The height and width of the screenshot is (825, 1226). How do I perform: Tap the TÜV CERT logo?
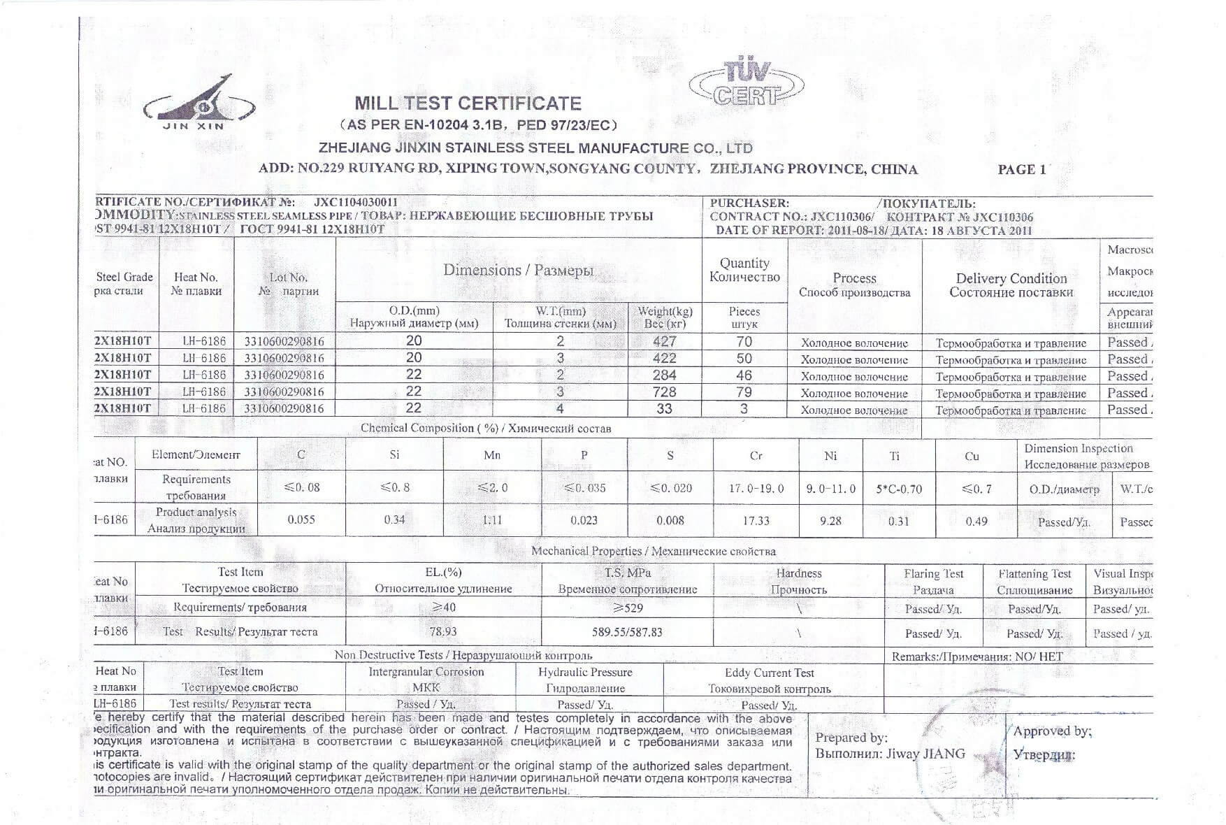tap(747, 83)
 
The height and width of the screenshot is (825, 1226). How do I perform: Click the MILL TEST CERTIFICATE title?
tap(468, 103)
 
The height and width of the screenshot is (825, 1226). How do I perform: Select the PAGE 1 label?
tap(1021, 169)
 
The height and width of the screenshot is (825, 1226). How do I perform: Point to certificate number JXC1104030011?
tap(356, 203)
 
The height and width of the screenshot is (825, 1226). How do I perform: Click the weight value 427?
tap(664, 341)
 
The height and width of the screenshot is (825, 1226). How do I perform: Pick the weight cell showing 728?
tap(664, 392)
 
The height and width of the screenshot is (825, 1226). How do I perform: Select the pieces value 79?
tap(744, 392)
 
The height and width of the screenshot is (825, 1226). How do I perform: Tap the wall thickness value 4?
tap(560, 408)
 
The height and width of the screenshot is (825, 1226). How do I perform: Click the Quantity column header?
tap(744, 270)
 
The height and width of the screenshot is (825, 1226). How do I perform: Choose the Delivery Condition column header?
tap(1011, 285)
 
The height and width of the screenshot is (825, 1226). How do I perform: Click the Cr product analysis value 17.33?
tap(756, 521)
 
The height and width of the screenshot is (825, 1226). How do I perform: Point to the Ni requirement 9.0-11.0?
tap(830, 489)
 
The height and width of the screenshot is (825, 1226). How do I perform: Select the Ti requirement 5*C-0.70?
tap(898, 489)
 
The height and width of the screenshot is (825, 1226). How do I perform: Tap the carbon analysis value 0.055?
tap(301, 519)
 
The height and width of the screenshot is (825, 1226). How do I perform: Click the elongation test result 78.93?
tap(443, 631)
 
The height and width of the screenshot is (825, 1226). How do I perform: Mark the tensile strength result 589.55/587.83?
tap(627, 632)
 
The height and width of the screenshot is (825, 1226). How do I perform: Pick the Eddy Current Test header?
tap(769, 673)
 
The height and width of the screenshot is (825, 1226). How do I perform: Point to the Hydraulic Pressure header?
tap(585, 672)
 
